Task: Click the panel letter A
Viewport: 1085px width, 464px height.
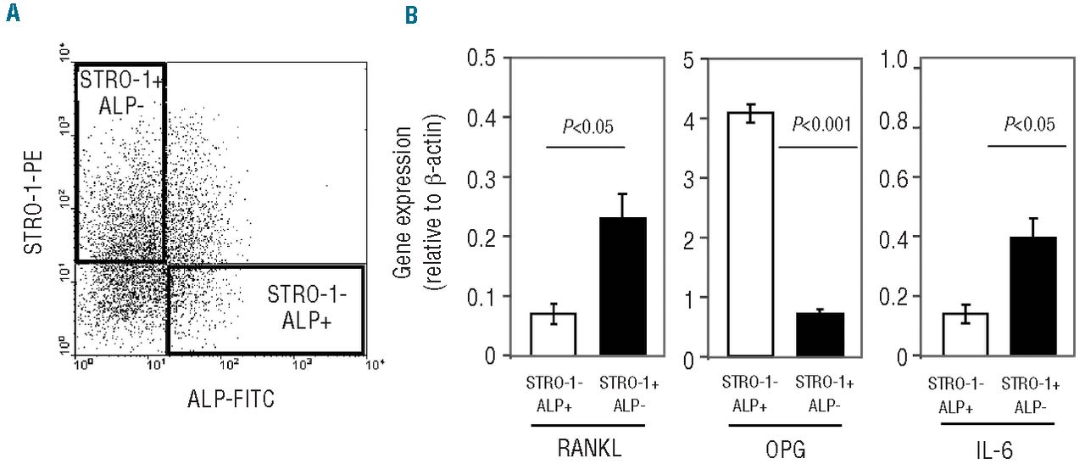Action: pyautogui.click(x=13, y=14)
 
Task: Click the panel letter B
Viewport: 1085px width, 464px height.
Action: pyautogui.click(x=411, y=14)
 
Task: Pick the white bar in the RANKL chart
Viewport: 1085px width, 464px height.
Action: pyautogui.click(x=553, y=334)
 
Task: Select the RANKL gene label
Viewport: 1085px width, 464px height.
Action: pyautogui.click(x=588, y=447)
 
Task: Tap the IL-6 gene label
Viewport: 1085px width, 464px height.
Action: pyautogui.click(x=999, y=447)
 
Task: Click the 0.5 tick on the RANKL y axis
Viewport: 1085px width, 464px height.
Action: pyautogui.click(x=485, y=59)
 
